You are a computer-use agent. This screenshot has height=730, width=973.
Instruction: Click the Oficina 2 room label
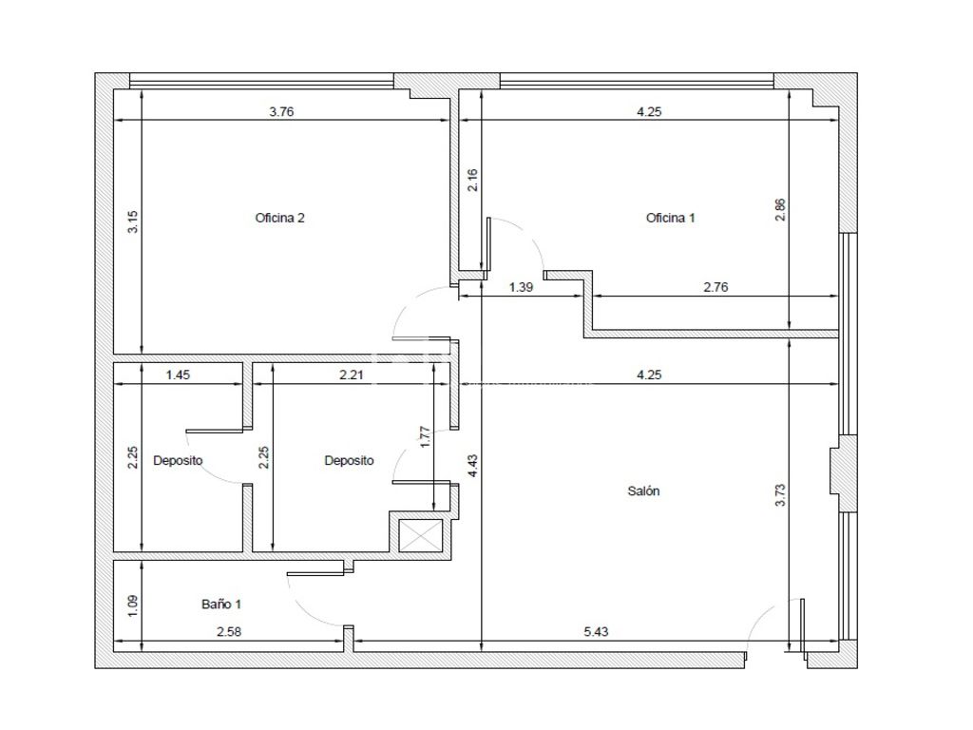point(280,218)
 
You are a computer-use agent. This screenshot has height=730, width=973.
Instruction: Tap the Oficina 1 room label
point(670,218)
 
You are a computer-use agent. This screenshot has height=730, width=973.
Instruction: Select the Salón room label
point(643,491)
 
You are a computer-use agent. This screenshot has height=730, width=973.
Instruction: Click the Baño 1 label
point(221,604)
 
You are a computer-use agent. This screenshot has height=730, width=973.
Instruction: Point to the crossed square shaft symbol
point(420,536)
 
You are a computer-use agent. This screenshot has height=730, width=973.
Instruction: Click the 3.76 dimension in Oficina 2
point(281,112)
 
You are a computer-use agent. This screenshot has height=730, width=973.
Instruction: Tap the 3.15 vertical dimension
point(133,222)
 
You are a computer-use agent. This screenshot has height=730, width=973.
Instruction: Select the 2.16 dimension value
point(473,180)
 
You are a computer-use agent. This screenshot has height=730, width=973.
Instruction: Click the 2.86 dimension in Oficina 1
point(780,209)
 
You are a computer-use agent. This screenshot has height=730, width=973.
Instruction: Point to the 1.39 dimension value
point(521,287)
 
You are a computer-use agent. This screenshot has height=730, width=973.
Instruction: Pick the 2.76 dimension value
point(715,287)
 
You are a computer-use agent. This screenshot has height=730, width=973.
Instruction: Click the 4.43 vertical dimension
point(473,466)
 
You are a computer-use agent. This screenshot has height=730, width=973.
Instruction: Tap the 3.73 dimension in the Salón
point(780,495)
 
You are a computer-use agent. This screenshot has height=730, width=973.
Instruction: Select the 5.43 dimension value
point(596,632)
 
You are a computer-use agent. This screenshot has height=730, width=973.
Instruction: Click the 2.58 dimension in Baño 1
point(228,632)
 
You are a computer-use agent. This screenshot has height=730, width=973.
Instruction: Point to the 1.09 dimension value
point(133,605)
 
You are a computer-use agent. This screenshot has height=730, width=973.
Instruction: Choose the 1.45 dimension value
point(178,375)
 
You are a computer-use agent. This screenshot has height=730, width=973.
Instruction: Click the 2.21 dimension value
point(352,375)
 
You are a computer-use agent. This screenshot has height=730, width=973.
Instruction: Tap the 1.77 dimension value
point(425,437)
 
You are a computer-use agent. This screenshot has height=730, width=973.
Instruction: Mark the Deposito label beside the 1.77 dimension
point(349,461)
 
